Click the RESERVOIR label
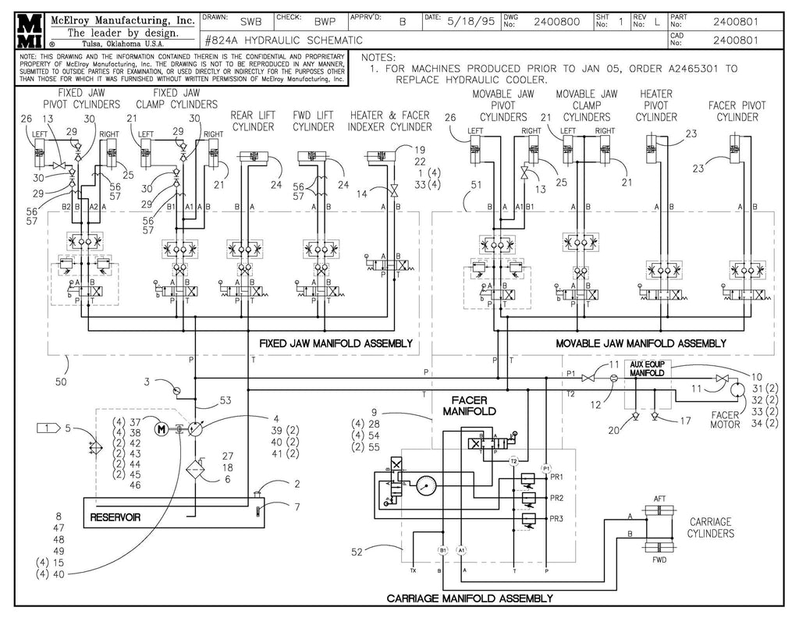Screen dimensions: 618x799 pyautogui.click(x=115, y=517)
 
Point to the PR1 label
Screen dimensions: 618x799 pyautogui.click(x=556, y=477)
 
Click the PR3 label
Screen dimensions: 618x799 pyautogui.click(x=556, y=520)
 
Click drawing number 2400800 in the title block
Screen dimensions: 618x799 pyautogui.click(x=556, y=22)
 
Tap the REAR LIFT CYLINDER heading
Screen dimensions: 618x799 pyautogui.click(x=252, y=121)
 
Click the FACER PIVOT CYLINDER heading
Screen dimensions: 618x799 pyautogui.click(x=737, y=112)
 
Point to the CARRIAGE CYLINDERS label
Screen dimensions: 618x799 pyautogui.click(x=711, y=527)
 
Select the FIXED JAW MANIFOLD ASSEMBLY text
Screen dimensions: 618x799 pyautogui.click(x=335, y=343)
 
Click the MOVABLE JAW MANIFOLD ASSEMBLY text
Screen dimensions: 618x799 pyautogui.click(x=641, y=343)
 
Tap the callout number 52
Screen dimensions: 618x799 pyautogui.click(x=357, y=552)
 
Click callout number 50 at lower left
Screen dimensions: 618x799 pyautogui.click(x=62, y=382)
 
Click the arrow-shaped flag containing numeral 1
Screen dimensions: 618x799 pyautogui.click(x=48, y=428)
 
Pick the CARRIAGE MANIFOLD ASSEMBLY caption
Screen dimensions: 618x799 pyautogui.click(x=470, y=598)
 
